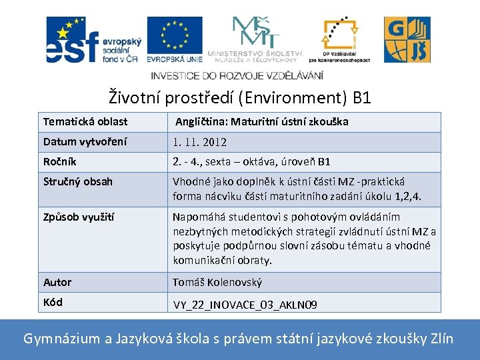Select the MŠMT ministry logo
[255, 38]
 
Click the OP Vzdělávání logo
[345, 39]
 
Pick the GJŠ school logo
[407, 40]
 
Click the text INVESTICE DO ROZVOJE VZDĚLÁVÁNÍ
[237, 75]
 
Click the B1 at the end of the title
[361, 99]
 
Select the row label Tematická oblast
[85, 122]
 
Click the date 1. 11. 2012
[200, 142]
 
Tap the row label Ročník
[60, 162]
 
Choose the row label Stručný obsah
[78, 181]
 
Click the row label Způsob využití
[78, 217]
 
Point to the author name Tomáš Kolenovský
[217, 282]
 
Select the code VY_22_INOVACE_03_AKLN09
[245, 305]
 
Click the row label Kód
[53, 302]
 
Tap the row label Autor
[57, 282]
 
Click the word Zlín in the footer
[440, 339]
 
